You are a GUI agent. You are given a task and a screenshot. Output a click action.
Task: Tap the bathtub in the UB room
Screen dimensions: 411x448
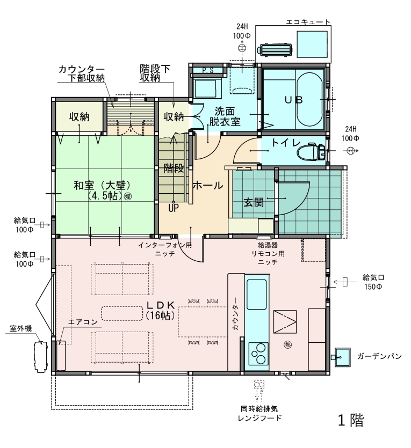[309, 99]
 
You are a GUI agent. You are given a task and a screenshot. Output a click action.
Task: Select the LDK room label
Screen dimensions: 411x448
[160, 310]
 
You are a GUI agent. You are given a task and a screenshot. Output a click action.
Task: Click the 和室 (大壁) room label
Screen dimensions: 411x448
[102, 190]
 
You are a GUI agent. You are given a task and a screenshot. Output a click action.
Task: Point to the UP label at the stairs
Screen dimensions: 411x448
[174, 208]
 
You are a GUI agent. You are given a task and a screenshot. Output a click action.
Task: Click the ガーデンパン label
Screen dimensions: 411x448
[379, 356]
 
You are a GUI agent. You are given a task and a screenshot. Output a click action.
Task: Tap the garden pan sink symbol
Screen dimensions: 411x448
[342, 357]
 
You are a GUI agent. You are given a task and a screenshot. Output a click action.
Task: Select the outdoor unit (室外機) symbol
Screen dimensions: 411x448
[41, 357]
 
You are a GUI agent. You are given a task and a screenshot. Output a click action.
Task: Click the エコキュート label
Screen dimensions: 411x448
[308, 22]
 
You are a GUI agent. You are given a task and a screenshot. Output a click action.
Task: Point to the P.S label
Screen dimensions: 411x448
[208, 70]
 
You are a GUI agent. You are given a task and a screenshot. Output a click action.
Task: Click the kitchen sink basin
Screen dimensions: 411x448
[257, 295]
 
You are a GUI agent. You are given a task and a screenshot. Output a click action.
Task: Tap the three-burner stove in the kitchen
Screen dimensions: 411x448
[258, 354]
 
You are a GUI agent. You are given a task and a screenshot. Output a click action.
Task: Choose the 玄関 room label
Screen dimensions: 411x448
[254, 203]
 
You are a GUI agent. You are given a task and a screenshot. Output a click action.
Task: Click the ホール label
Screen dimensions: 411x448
[207, 186]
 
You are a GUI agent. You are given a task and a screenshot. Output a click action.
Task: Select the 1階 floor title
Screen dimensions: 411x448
[351, 420]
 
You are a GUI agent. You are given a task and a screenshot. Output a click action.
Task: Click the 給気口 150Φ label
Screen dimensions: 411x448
[373, 282]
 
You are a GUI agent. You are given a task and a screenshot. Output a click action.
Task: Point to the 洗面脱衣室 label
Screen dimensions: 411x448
[225, 116]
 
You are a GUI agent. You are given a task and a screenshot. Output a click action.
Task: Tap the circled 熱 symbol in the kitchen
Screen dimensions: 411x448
[288, 344]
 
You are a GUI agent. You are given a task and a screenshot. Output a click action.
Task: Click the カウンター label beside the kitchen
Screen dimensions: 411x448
[236, 314]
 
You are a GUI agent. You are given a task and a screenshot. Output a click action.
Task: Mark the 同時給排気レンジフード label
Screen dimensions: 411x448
[259, 414]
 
